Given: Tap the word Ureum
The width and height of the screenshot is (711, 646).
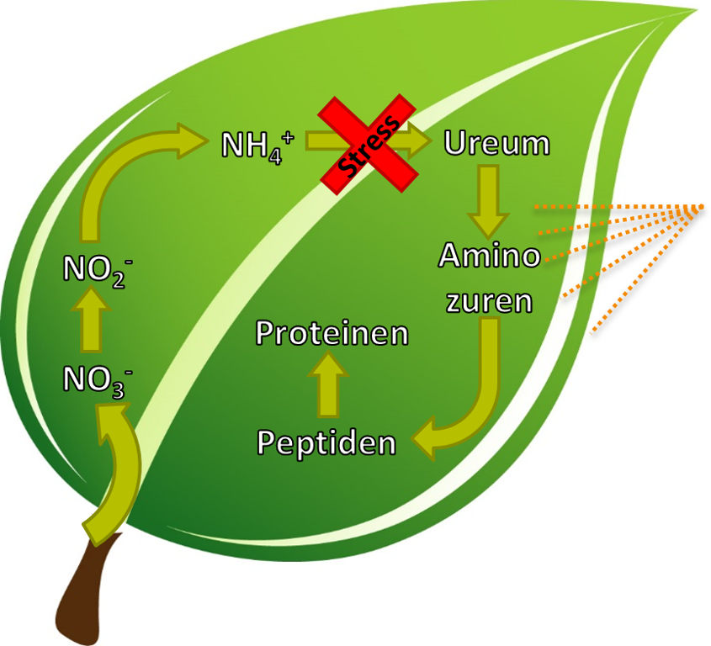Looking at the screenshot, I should tap(496, 143).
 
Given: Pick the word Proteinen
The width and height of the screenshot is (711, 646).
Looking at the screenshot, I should tap(332, 333).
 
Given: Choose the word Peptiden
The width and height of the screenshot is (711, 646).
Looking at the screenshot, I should tap(326, 442).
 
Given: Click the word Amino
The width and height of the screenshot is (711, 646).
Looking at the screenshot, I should tap(490, 255).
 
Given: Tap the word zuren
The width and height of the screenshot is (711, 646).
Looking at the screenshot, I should tap(490, 300).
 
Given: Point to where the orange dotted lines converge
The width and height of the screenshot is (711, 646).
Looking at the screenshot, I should tap(702, 207).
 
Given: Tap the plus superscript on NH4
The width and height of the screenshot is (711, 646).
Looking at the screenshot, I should tap(290, 135).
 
